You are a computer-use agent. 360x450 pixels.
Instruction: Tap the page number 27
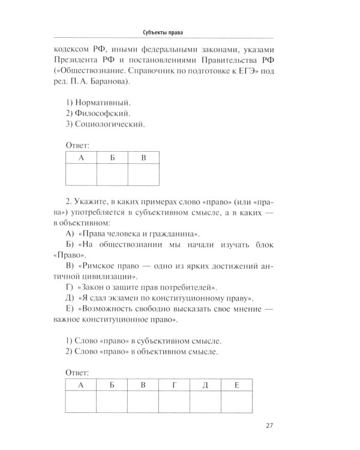pos(269,427)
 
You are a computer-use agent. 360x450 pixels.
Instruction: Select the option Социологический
pos(109,124)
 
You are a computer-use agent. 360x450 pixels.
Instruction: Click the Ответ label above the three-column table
pos(76,145)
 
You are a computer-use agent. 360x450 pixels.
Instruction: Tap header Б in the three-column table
pos(112,158)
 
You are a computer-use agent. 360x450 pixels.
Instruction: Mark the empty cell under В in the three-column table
pos(143,176)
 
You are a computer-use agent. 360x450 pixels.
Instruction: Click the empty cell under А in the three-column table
pos(80,176)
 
